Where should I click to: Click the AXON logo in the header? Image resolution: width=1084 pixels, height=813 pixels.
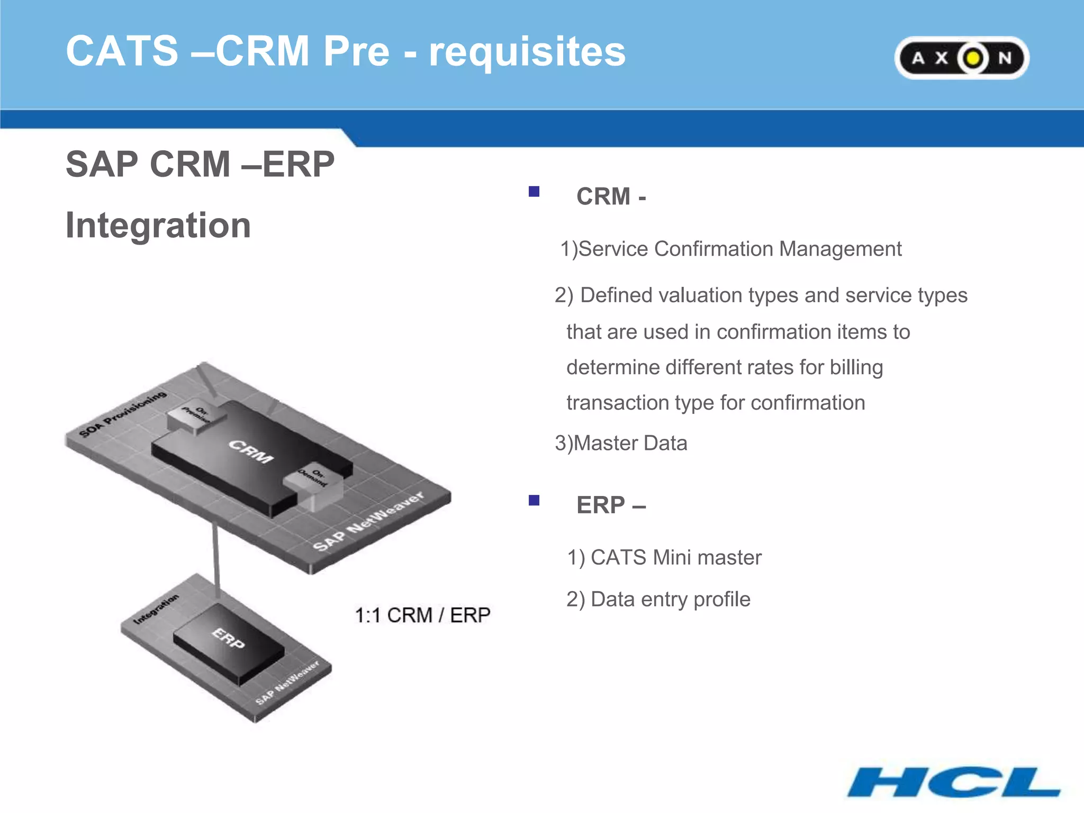coord(962,58)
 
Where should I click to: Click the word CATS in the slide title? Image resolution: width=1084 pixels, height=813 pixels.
coord(122,51)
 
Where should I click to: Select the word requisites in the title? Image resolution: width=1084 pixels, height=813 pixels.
coord(527,52)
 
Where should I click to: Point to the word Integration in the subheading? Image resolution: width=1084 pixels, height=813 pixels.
coord(158,225)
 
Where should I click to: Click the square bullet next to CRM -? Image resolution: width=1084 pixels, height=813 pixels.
coord(534,192)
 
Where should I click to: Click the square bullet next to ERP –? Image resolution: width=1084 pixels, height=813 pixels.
coord(534,500)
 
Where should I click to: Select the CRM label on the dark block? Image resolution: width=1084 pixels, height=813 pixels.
coord(251,451)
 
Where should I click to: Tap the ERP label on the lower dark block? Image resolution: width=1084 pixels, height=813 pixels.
coord(229,638)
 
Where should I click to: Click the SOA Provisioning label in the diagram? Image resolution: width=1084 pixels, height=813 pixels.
coord(123,414)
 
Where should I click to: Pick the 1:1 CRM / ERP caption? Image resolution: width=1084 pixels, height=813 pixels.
coord(422,615)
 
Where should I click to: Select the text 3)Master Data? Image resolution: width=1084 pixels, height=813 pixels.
coord(621,443)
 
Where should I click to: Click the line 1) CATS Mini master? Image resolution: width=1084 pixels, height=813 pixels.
coord(664,557)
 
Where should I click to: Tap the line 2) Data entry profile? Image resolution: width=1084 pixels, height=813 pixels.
coord(658,599)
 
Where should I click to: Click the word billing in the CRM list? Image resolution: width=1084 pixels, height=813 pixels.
coord(856,367)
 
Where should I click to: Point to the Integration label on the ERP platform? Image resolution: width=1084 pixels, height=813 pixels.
coord(156,609)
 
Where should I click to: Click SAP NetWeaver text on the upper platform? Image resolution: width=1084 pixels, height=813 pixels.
coord(368,521)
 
